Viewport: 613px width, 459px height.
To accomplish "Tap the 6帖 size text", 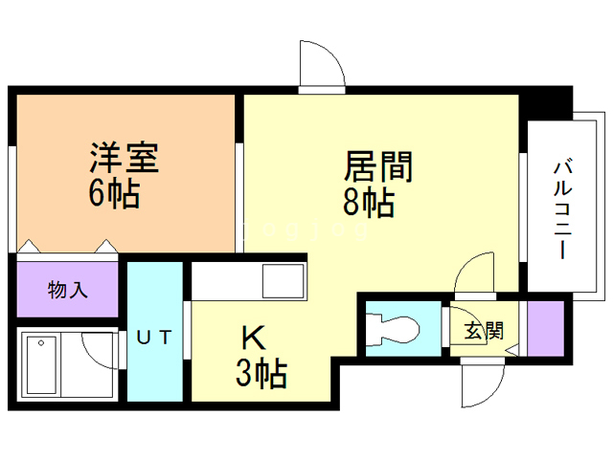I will pyautogui.click(x=115, y=193).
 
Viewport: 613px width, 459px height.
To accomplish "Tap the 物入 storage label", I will pyautogui.click(x=68, y=289).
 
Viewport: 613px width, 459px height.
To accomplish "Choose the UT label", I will pyautogui.click(x=154, y=336).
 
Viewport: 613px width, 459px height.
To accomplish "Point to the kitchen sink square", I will pyautogui.click(x=284, y=283).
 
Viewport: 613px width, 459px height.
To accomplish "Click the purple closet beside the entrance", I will pyautogui.click(x=545, y=328).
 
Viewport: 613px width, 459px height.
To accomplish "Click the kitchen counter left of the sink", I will pyautogui.click(x=226, y=283).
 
